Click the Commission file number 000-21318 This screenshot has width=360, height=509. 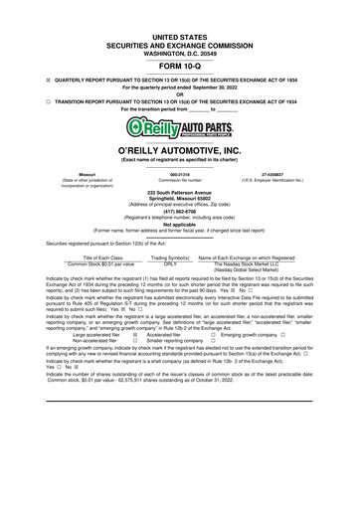(x=180, y=172)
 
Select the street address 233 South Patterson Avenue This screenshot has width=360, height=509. (x=180, y=192)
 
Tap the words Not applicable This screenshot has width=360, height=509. (x=180, y=225)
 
